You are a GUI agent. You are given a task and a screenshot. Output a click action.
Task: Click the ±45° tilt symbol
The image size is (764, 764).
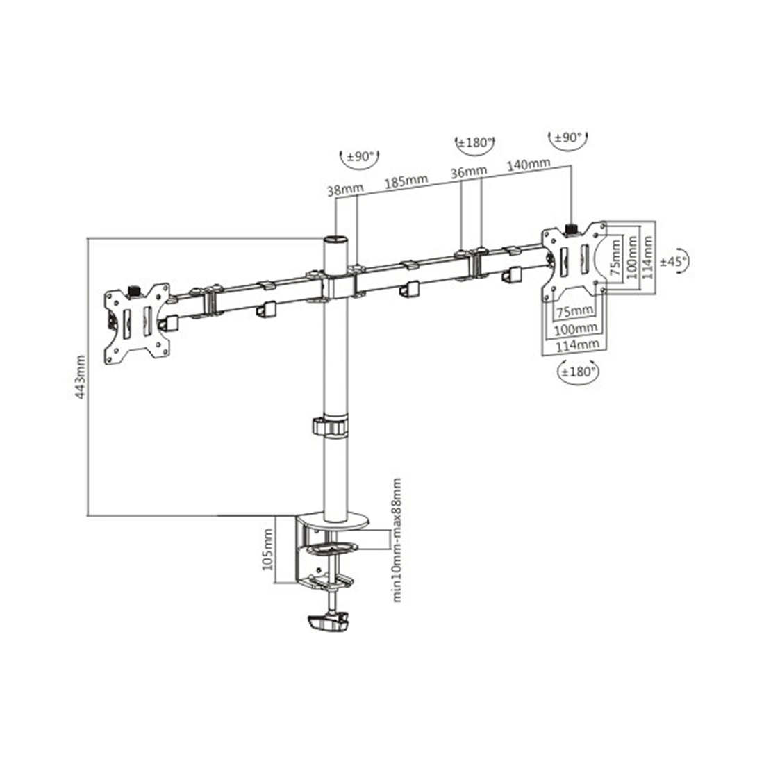click(673, 262)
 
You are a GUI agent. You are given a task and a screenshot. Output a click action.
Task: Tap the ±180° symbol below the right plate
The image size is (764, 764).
click(579, 372)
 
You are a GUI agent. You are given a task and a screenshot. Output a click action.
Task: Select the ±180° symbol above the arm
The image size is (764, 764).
click(475, 144)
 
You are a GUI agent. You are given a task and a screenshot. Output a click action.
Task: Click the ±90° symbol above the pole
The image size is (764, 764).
click(360, 156)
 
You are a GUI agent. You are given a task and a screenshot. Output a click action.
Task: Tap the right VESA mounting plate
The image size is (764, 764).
click(575, 258)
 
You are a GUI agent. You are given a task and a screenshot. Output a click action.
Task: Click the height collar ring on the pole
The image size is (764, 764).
click(333, 426)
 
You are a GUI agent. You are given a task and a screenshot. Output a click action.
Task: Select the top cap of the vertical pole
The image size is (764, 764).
click(334, 241)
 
